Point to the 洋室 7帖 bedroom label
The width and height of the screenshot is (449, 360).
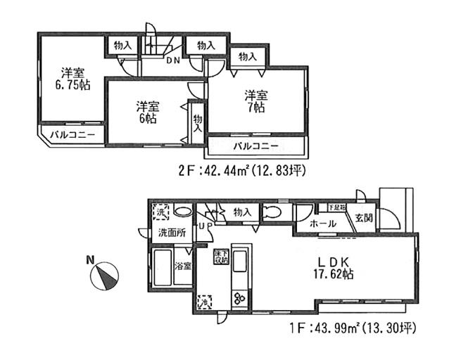[254, 101]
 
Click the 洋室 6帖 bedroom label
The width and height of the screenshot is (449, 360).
[147, 112]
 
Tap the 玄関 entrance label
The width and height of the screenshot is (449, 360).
[364, 217]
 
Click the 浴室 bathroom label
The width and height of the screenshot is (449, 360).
[182, 267]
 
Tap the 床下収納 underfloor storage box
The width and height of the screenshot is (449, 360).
[220, 257]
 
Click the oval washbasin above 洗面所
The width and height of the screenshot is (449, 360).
[183, 212]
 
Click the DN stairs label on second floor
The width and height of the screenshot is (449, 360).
[173, 60]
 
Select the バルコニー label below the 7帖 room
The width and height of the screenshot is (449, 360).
[255, 146]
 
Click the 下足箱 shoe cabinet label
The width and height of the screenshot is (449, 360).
[338, 207]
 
